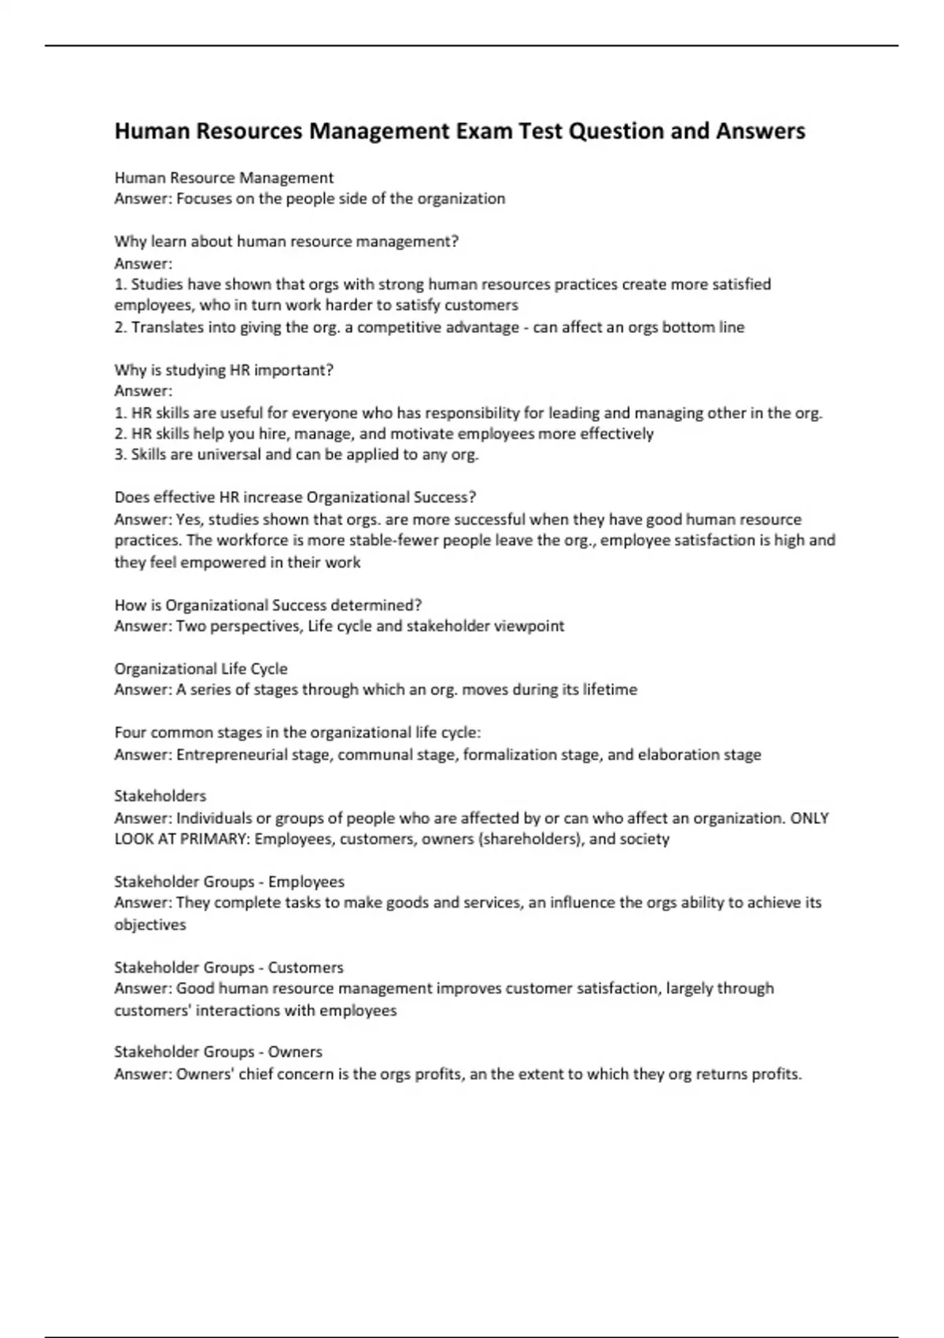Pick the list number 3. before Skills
[x=120, y=454]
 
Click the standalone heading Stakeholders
[x=160, y=796]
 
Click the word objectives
[x=150, y=925]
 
